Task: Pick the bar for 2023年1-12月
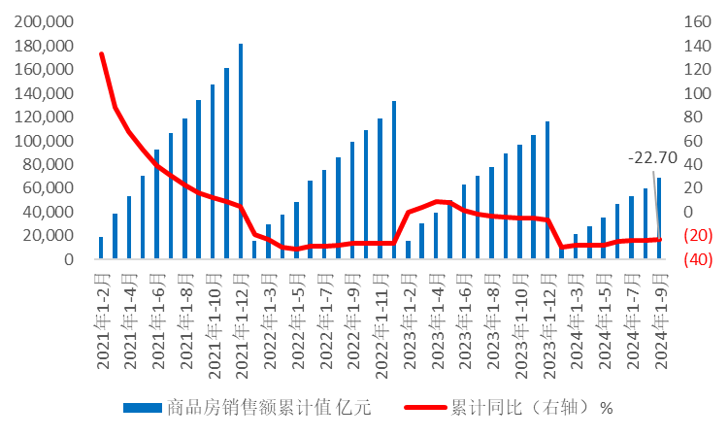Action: [547, 190]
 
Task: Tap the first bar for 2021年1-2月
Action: [101, 248]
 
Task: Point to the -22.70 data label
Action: [651, 157]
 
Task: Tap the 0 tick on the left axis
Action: [70, 259]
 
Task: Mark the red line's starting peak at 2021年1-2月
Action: [101, 53]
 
